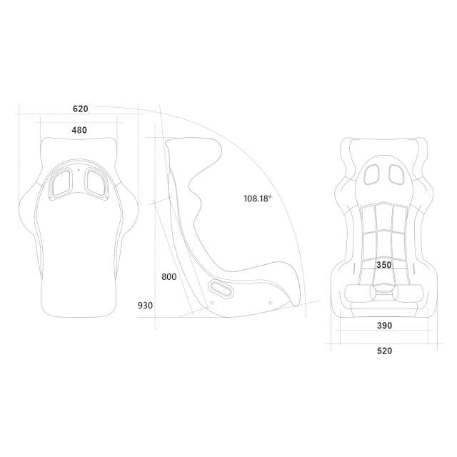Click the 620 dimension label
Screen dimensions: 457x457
(80, 109)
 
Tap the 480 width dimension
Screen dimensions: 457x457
(79, 130)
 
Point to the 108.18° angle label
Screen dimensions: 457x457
(257, 199)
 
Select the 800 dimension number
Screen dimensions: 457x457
(169, 276)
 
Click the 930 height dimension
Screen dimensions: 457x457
(145, 306)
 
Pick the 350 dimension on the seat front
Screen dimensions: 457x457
(383, 265)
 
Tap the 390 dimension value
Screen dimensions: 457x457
(384, 326)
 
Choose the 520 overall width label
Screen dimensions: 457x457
(384, 351)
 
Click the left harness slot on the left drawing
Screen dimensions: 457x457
(61, 182)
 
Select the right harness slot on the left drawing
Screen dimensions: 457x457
(96, 182)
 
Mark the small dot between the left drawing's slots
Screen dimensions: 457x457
(79, 171)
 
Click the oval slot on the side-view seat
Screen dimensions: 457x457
(219, 289)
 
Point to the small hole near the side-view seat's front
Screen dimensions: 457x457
(271, 302)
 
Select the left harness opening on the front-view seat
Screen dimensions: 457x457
(372, 173)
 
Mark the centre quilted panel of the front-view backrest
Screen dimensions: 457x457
(384, 228)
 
